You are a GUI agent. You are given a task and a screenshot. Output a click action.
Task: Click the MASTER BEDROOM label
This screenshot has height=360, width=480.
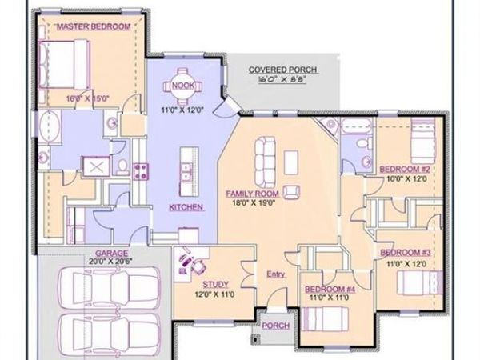coord(93,26)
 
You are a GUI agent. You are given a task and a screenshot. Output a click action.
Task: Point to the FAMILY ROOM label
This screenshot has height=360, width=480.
coord(252,194)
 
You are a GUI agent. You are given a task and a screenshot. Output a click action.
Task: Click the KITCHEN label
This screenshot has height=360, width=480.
coord(186,206)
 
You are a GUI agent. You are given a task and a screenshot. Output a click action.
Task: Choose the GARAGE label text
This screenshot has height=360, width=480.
coord(113,251)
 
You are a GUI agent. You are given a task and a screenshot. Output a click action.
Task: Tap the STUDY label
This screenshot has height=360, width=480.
coord(215,283)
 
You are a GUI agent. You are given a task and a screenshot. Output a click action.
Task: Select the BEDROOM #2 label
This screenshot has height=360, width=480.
coord(405,170)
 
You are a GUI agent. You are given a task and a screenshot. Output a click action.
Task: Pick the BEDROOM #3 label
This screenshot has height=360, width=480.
coord(405,252)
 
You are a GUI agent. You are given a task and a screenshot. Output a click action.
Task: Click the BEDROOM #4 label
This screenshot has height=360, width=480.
coord(329,288)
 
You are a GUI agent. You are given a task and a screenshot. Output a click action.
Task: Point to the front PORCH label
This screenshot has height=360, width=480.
coord(276,325)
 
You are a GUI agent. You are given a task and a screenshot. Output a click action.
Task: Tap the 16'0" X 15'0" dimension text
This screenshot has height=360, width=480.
coord(87,98)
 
